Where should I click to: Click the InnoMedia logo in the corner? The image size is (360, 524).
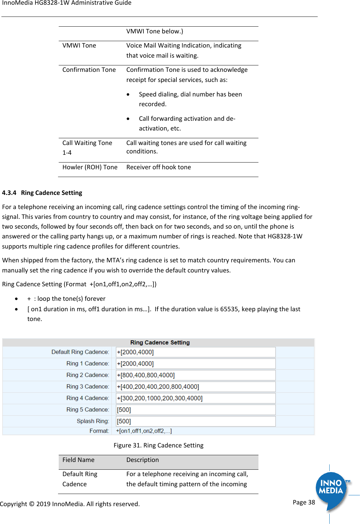pos(332,488)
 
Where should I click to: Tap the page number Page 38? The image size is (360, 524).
pos(304,502)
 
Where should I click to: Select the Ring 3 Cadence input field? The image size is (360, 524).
pos(196,387)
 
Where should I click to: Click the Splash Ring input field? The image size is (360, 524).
pos(196,421)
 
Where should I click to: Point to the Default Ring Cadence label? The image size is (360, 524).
pos(80,352)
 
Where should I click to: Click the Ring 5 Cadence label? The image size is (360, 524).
pos(87,410)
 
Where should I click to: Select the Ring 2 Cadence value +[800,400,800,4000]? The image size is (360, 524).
pos(146,375)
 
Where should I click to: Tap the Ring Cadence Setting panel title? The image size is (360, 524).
pos(160,343)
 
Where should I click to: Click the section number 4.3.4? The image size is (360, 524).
pos(9,193)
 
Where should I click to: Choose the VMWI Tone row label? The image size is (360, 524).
pos(79,46)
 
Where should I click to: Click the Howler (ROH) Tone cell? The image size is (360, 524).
pos(90,167)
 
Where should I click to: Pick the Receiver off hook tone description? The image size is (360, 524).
pos(159,167)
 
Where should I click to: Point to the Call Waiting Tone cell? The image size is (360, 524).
pos(87,147)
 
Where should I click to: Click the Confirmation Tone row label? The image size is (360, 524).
pos(89,70)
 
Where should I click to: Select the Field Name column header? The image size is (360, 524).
pos(78,460)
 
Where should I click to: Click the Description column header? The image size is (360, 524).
pos(142,460)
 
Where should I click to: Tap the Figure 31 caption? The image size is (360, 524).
pos(158,445)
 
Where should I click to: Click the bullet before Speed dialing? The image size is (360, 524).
pos(128,95)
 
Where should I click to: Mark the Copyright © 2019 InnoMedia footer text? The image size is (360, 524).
pos(70,504)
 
